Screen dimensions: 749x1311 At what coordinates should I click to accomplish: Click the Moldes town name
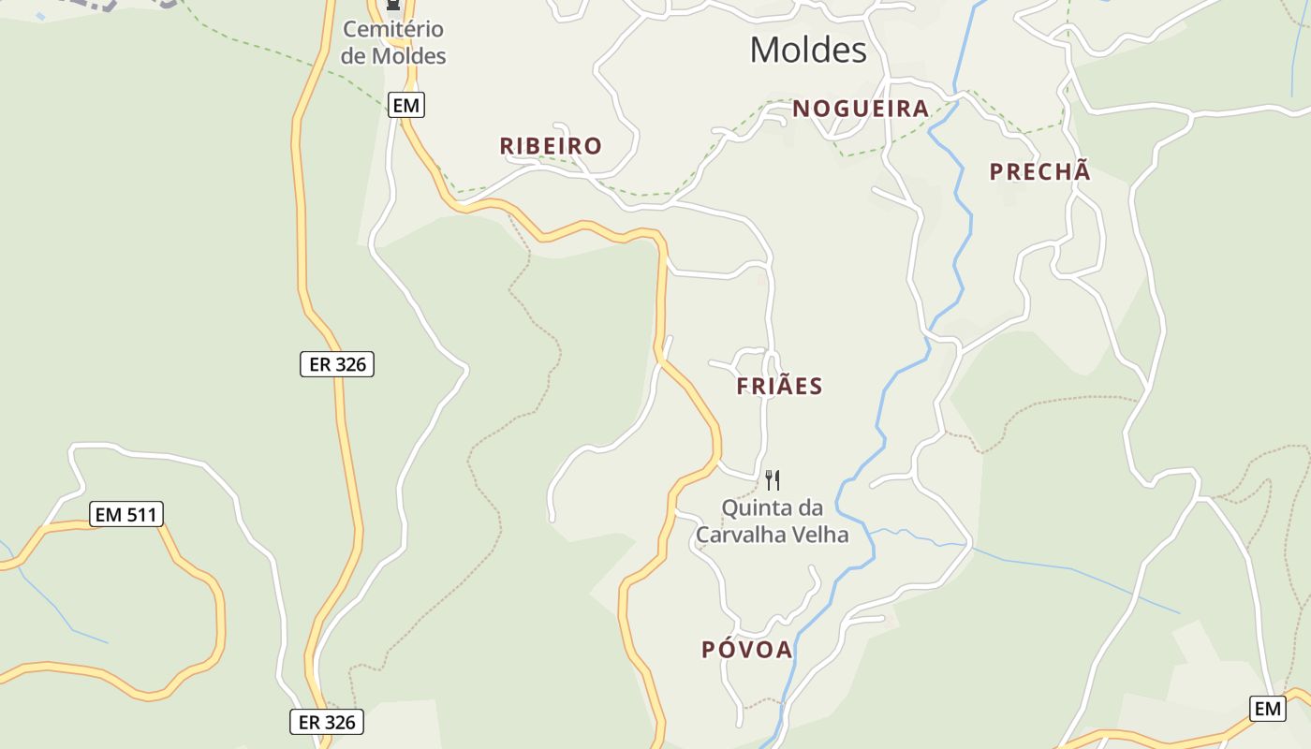(808, 50)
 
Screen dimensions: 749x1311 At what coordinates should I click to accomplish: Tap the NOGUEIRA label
(861, 109)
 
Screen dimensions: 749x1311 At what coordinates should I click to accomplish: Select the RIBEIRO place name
(551, 146)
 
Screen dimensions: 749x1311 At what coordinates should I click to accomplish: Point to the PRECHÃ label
(1040, 171)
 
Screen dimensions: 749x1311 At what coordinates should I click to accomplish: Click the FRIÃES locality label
(779, 386)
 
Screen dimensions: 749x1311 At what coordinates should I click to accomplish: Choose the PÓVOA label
(747, 650)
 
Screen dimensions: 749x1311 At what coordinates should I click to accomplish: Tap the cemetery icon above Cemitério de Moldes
(393, 6)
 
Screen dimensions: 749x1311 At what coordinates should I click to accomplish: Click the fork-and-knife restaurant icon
(773, 480)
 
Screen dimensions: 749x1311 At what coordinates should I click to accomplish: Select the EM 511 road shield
(126, 514)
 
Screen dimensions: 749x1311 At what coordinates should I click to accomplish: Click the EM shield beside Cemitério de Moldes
(406, 105)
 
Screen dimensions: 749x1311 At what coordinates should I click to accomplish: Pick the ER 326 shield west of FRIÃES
(337, 364)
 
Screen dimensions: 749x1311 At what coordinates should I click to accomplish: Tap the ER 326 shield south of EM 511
(326, 722)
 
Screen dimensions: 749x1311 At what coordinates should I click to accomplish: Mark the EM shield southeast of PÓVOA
(1268, 709)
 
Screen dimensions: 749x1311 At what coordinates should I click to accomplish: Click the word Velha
(818, 535)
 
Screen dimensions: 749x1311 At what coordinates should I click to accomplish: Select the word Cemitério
(393, 30)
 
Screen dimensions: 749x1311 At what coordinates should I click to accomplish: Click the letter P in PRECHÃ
(997, 171)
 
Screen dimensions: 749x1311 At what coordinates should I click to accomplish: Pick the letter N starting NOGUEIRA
(801, 109)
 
